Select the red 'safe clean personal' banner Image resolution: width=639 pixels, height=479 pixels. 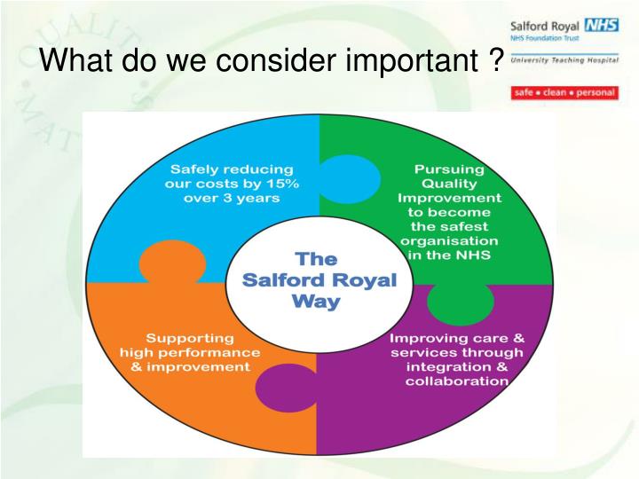click(x=564, y=92)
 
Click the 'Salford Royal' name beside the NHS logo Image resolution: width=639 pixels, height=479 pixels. click(x=541, y=25)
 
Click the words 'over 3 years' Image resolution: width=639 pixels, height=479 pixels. click(x=232, y=199)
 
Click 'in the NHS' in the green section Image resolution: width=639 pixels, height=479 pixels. click(x=449, y=255)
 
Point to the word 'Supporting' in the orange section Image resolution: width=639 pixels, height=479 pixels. click(x=190, y=338)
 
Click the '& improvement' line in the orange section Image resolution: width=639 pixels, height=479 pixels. click(x=190, y=367)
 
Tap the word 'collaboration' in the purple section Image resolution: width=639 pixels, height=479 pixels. click(x=457, y=381)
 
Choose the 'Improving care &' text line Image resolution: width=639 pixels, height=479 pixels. click(x=457, y=338)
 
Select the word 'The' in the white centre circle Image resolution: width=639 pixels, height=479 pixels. click(x=316, y=260)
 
